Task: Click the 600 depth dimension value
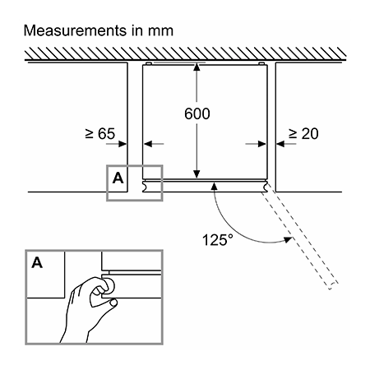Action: [197, 113]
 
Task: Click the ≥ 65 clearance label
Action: [100, 134]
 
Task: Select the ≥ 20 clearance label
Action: [303, 134]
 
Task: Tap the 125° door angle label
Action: [218, 239]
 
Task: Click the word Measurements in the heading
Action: [75, 30]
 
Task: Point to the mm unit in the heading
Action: [161, 31]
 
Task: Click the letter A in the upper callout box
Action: [118, 178]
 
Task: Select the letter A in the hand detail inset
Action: [37, 262]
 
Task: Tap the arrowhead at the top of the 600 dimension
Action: [197, 67]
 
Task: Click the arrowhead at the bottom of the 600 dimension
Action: [197, 174]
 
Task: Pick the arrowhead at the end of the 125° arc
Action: [288, 240]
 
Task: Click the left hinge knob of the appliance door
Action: [145, 186]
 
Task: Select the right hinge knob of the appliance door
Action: [265, 186]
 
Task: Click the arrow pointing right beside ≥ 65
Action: [116, 144]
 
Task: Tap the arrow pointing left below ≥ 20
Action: [286, 144]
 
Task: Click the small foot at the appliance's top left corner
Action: [149, 63]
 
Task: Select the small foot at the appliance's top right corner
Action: [261, 63]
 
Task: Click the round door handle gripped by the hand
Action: [109, 285]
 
